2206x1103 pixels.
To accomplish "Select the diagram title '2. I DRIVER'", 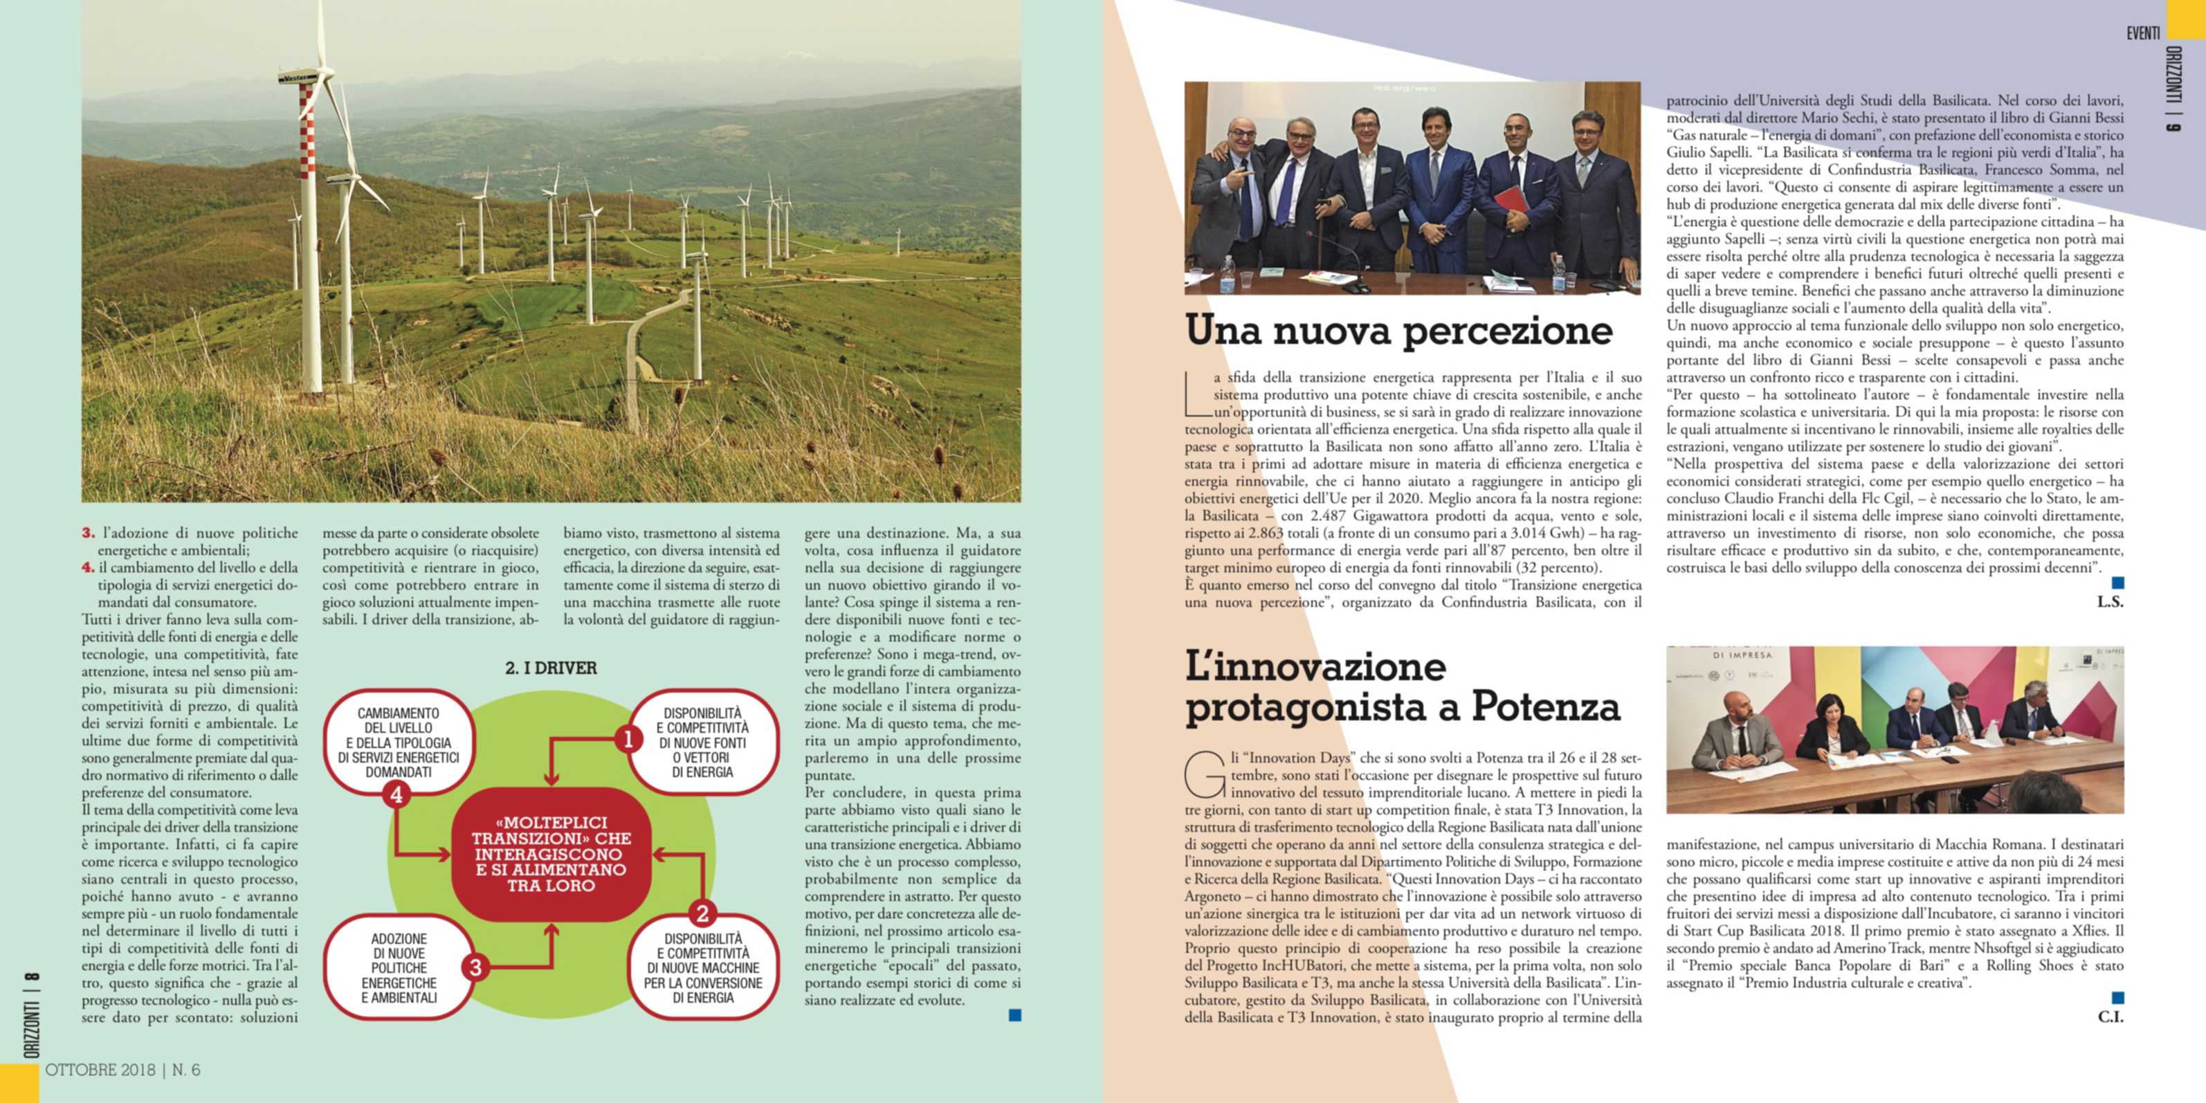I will click(551, 668).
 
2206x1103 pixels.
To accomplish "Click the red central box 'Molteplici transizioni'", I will click(551, 854).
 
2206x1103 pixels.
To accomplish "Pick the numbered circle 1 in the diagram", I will click(628, 739).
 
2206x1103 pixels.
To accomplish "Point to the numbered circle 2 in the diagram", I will click(702, 913).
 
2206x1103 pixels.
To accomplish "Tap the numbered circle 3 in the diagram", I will click(475, 967).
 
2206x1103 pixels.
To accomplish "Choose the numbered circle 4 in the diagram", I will click(396, 794).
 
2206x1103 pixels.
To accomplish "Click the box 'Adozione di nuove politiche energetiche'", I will click(399, 967).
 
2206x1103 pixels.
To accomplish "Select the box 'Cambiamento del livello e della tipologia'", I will click(398, 742).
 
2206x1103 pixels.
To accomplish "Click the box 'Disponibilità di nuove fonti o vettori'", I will click(702, 742).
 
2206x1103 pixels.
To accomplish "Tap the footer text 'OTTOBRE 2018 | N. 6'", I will click(122, 1070).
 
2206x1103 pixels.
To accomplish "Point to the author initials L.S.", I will click(2109, 602).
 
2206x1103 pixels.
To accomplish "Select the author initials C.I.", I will click(2109, 1017).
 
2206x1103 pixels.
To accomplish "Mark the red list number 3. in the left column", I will click(88, 534).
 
